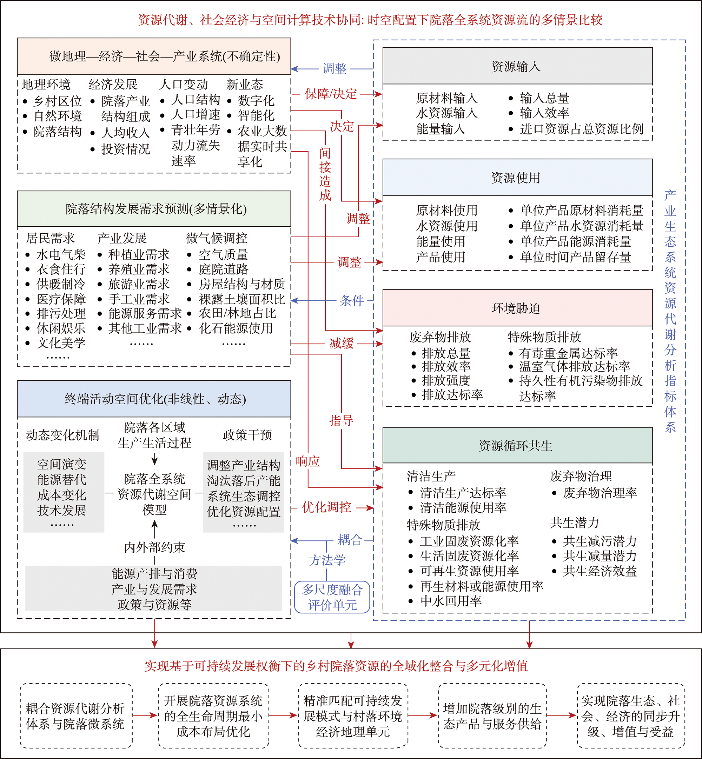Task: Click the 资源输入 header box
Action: [x=517, y=66]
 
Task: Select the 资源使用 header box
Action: [x=517, y=177]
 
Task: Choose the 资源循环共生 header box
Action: [x=517, y=445]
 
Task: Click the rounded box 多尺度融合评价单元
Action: [x=332, y=597]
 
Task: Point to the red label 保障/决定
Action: [x=331, y=94]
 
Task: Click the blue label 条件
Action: [x=351, y=301]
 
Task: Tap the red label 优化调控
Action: [x=327, y=507]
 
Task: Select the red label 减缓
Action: [x=342, y=343]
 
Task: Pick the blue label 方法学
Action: [x=327, y=560]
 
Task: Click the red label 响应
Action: [x=308, y=461]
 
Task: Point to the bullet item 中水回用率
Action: [x=451, y=601]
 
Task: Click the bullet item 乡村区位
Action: [x=57, y=101]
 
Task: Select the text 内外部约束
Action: [x=154, y=547]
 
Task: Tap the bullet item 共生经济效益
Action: [x=600, y=571]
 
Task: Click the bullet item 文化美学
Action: [x=61, y=343]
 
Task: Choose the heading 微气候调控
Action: [x=217, y=238]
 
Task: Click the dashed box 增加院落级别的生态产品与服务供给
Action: [x=492, y=716]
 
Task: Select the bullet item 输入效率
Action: [x=544, y=113]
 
